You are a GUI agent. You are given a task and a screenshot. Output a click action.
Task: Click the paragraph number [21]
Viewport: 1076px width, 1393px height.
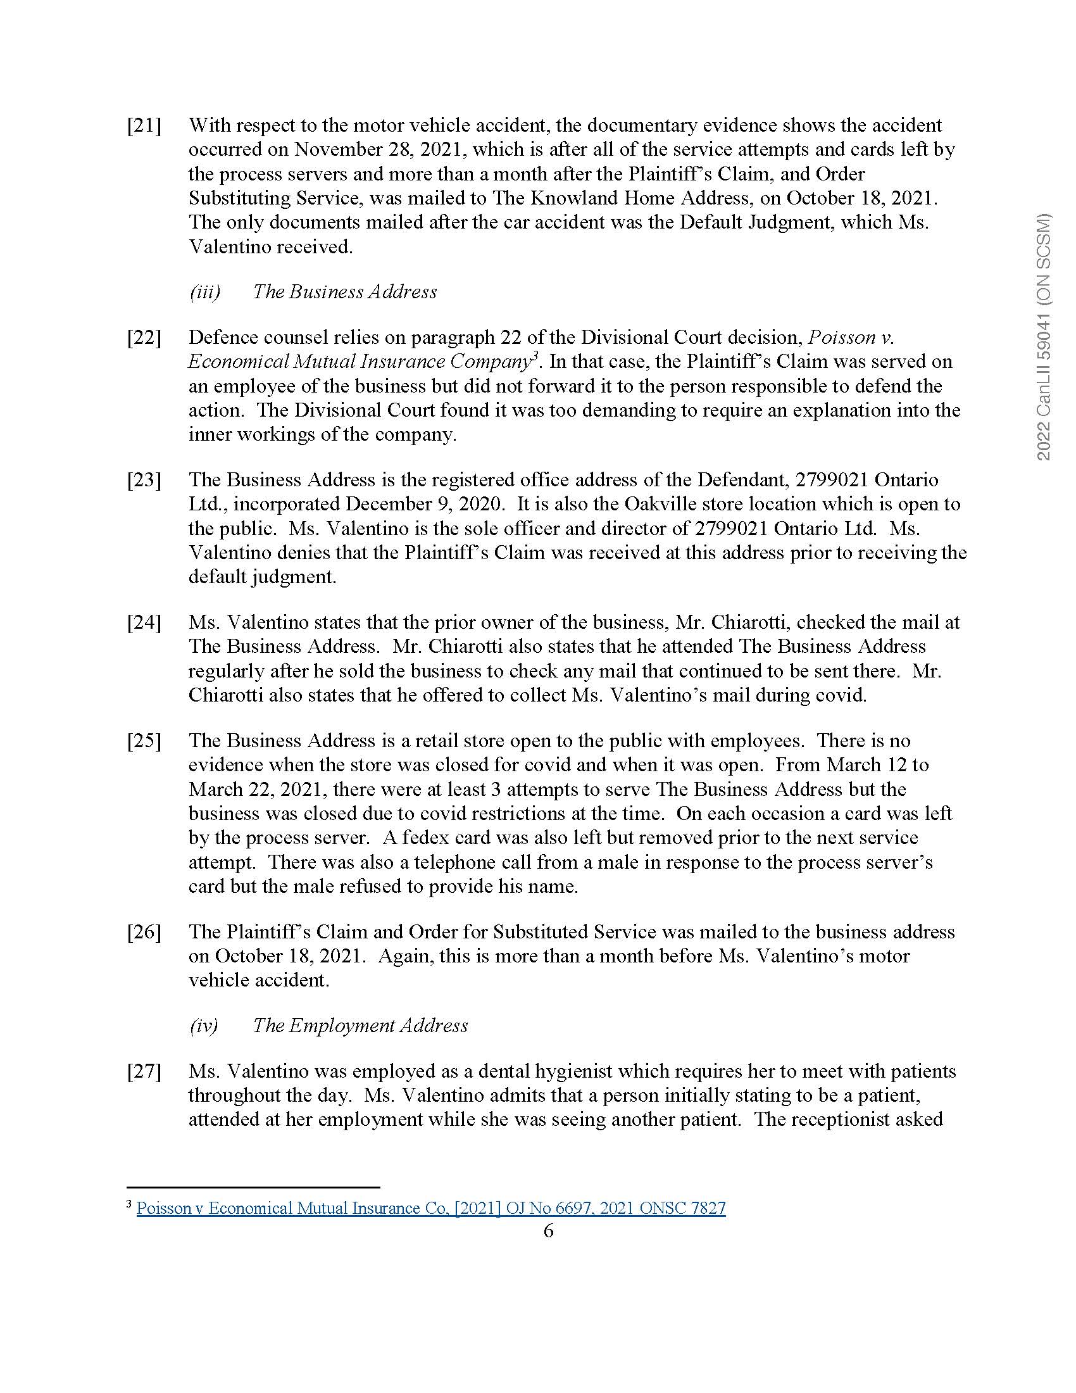[x=144, y=125]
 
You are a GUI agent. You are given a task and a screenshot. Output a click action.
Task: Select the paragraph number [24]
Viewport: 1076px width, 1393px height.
[x=144, y=622]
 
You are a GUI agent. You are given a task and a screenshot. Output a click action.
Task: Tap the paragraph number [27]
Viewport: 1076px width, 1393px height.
[x=144, y=1071]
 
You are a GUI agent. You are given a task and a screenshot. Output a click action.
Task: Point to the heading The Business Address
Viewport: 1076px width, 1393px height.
[x=344, y=292]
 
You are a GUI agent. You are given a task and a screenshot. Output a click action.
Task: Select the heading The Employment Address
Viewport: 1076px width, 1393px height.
[x=360, y=1026]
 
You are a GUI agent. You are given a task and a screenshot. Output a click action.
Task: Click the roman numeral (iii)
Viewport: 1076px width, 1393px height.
[x=204, y=292]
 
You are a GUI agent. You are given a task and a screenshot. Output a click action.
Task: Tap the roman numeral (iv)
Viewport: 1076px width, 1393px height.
[x=203, y=1026]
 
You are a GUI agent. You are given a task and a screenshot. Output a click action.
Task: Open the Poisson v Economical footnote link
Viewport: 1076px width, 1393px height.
[x=431, y=1208]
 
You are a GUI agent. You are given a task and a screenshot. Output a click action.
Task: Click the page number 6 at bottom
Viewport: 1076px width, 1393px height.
[x=548, y=1231]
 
